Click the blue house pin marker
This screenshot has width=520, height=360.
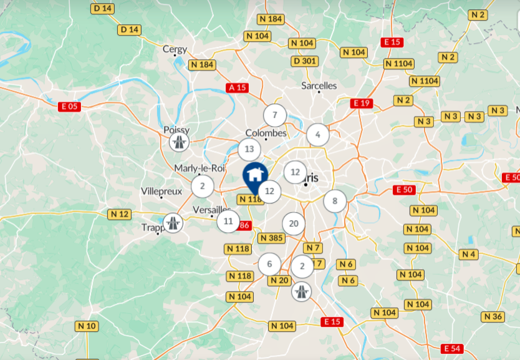pos(254,175)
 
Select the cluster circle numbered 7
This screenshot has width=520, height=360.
pos(274,115)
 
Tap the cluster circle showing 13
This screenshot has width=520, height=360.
pos(249,149)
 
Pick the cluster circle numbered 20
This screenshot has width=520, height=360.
pos(294,223)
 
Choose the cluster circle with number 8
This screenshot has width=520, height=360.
pos(335,201)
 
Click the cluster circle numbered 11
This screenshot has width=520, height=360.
pos(228,221)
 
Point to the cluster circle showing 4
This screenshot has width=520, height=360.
pos(318,134)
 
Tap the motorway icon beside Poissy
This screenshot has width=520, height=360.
pos(180,142)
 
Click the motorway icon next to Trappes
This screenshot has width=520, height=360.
pos(173,222)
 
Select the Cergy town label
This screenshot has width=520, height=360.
pos(175,49)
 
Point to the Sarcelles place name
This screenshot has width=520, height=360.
pos(319,85)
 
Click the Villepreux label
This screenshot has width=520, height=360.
pos(161,190)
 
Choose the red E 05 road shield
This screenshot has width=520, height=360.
pos(70,106)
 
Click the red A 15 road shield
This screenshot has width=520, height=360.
pos(238,88)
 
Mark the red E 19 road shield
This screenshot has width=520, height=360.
pos(361,103)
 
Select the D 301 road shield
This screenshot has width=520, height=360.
pos(304,61)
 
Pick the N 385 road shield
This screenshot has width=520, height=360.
pos(271,238)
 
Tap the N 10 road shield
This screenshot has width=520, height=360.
pos(87,326)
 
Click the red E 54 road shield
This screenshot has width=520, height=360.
pos(452,348)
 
